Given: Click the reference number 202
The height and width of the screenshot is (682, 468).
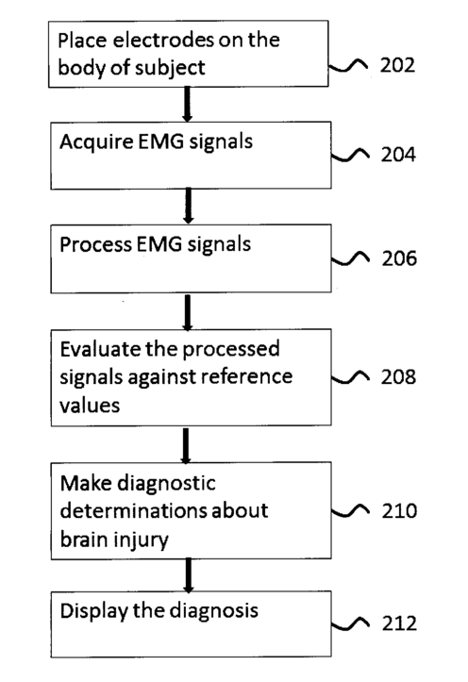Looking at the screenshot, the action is coord(397,65).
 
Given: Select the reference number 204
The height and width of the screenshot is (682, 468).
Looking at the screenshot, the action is coord(398,155).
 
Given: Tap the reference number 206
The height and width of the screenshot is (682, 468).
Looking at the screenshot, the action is coord(399,258).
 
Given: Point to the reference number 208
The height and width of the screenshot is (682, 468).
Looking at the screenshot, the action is coord(398,376).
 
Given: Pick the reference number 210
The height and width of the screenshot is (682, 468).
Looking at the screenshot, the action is coord(399,510).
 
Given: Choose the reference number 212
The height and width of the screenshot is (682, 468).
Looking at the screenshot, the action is coord(399,624).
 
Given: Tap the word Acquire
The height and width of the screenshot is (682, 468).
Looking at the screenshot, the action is coord(96,142).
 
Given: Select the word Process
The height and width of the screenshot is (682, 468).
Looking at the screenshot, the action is coord(95,244).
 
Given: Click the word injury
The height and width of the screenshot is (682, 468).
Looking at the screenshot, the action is coord(141,541).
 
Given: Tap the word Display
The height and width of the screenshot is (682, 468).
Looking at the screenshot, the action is coord(93,611).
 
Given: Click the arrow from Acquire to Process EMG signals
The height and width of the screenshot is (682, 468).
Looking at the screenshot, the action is coord(188,206).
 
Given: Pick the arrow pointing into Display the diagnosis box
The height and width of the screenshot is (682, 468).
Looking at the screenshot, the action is coord(188,575).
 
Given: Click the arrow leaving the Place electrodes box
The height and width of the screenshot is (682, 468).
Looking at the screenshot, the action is coord(187,104).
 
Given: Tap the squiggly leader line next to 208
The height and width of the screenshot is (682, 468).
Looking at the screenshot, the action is coord(351,377).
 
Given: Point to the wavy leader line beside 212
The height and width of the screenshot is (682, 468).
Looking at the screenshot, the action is coord(351,624).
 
